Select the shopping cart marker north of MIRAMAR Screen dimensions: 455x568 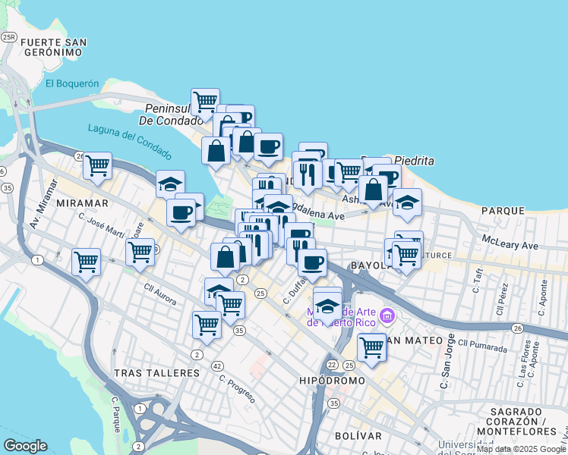tap(97, 165)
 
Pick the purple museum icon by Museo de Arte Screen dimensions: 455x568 tap(387, 315)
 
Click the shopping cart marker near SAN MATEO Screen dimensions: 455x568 tap(371, 347)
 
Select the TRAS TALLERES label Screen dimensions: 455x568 tap(156, 373)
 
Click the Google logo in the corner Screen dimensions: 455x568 tap(25, 446)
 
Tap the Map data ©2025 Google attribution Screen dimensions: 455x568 tap(521, 449)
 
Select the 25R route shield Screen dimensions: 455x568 tap(9, 36)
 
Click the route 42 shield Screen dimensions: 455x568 tap(217, 366)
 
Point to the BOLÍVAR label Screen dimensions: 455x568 tap(358, 436)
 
